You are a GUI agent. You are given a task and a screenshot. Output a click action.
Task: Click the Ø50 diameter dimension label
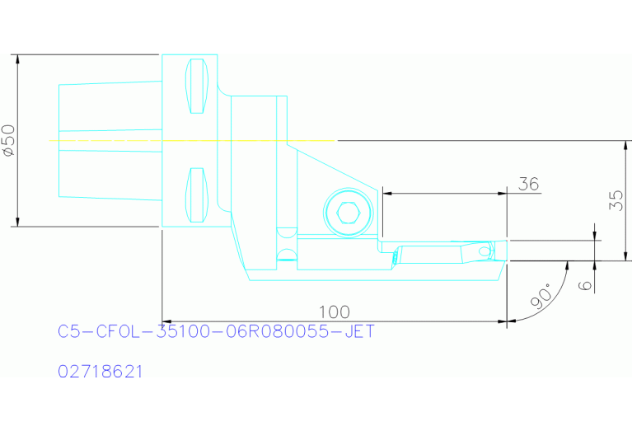pyautogui.click(x=8, y=140)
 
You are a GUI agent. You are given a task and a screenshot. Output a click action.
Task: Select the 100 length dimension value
pyautogui.click(x=334, y=312)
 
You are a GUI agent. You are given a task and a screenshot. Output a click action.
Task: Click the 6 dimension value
pyautogui.click(x=586, y=283)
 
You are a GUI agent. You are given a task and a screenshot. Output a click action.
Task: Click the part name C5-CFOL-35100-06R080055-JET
pyautogui.click(x=216, y=331)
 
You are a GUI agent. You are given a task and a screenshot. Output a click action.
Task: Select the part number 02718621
pyautogui.click(x=101, y=372)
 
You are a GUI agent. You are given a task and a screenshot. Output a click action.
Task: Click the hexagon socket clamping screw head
pyautogui.click(x=349, y=214)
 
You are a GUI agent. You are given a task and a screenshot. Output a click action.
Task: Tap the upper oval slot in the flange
pyautogui.click(x=196, y=87)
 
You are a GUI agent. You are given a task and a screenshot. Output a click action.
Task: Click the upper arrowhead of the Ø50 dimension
pyautogui.click(x=16, y=59)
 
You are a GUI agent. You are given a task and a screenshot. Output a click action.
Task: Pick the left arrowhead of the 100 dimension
pyautogui.click(x=167, y=321)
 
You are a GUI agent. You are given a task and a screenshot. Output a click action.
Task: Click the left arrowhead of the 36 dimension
pyautogui.click(x=388, y=194)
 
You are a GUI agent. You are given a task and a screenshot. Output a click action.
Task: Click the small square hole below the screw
pyautogui.click(x=285, y=234)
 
